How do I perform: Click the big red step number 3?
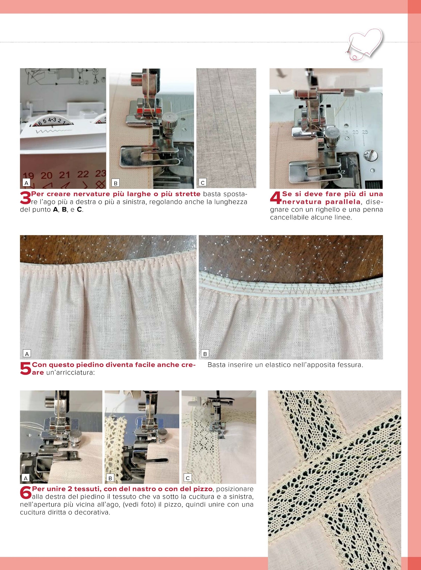[25, 198]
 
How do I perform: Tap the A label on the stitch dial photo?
[26, 183]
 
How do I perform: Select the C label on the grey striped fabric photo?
[203, 183]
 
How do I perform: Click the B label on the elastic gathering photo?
[205, 354]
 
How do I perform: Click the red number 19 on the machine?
[28, 176]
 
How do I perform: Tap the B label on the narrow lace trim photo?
[110, 478]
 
